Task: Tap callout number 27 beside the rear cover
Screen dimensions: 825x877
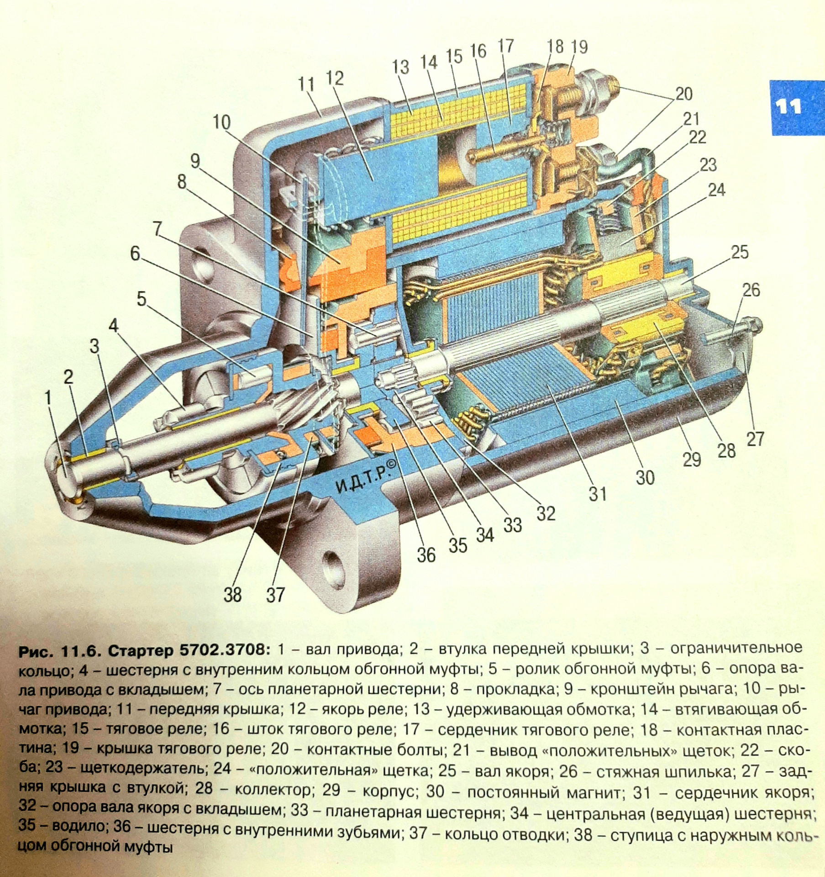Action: point(755,438)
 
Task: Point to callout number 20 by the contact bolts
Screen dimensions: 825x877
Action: point(683,94)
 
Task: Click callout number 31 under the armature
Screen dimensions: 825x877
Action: point(597,493)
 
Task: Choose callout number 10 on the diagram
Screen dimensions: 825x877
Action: point(221,122)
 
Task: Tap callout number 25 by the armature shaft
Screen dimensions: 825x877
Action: point(739,252)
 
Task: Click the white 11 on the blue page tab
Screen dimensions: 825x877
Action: point(788,107)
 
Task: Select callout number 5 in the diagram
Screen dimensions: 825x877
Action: point(142,300)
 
